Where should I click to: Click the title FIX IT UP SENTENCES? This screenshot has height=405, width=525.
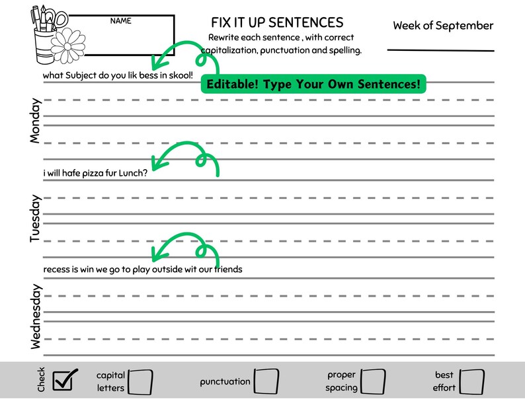coord(277,23)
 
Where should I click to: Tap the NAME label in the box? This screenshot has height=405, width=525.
coord(120,21)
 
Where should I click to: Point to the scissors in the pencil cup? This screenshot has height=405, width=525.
coord(59,17)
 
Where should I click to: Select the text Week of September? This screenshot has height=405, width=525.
coord(443,26)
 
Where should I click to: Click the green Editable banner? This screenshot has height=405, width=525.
coord(313,85)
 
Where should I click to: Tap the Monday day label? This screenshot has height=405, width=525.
coord(36,121)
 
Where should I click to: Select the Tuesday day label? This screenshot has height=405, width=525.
coord(36,218)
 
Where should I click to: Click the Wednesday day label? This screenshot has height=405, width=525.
coord(36,316)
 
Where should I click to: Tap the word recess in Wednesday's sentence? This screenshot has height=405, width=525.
coord(57,270)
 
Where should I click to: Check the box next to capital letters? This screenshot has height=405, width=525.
coord(140,381)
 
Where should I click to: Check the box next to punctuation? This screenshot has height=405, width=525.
coord(266,381)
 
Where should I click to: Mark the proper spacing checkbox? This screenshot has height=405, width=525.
coord(373,381)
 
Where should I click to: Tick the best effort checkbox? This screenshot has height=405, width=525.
coord(472,381)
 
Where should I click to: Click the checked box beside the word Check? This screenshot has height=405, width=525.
coord(65,380)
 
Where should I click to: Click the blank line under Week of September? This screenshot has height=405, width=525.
coord(440,50)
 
